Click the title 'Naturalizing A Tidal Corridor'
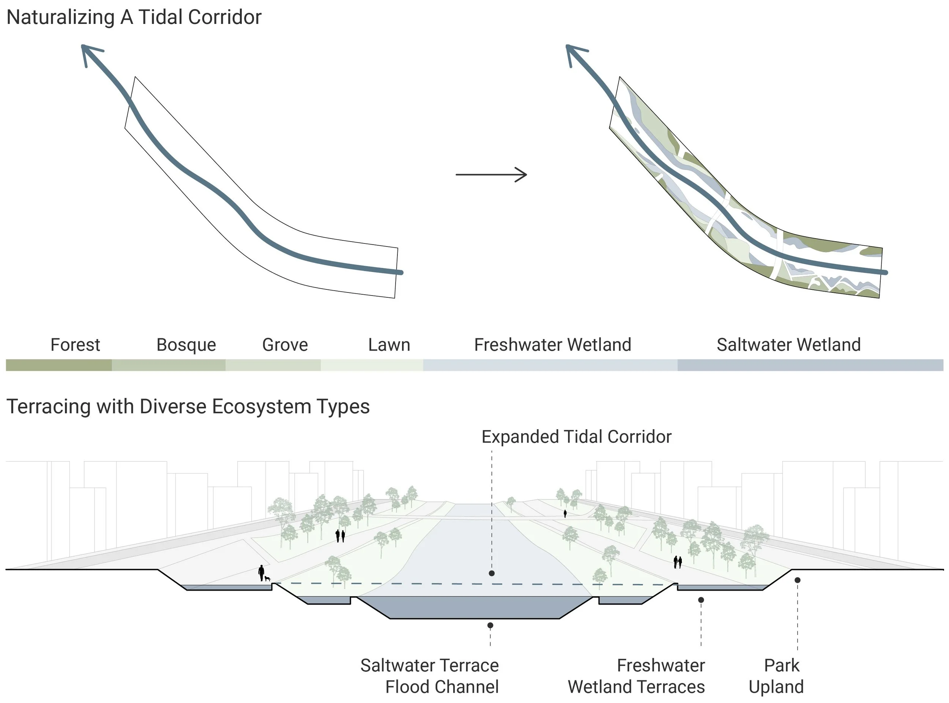134,18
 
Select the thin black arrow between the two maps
491,174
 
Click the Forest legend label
75,345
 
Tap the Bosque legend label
186,345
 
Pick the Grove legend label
285,345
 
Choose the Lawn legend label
389,345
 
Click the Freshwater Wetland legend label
553,345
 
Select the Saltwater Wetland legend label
789,345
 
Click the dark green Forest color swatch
59,365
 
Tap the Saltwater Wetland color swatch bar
810,365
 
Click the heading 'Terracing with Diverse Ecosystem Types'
188,406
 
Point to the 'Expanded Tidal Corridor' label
576,437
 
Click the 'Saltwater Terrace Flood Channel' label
430,676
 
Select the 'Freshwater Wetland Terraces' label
636,676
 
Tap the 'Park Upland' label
777,676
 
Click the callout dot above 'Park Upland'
798,580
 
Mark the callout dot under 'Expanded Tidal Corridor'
492,573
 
